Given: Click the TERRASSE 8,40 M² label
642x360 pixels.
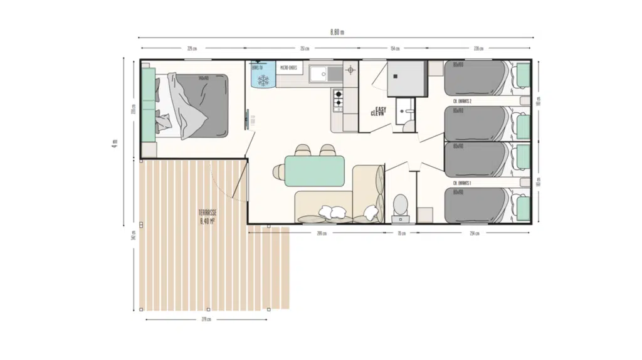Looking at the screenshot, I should point(208,217).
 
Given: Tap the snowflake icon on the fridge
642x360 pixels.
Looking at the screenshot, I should point(263,80).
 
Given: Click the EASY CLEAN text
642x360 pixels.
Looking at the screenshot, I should point(379,112).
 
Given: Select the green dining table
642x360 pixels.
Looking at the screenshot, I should point(315,171).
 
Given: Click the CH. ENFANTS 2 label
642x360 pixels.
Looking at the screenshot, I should point(462,101).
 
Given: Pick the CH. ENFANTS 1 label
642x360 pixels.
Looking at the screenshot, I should point(461,183).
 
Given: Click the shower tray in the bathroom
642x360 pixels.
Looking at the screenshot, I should point(405,78).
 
